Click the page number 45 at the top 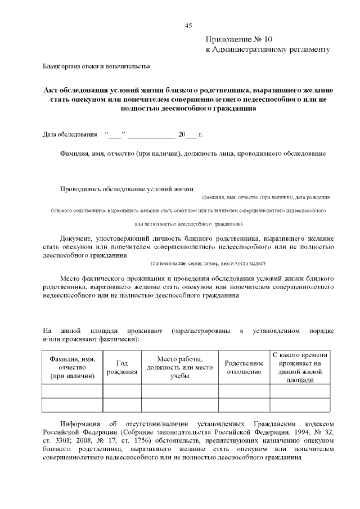pos(188,25)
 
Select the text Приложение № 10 pos(238,40)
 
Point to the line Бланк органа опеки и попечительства pos(96,67)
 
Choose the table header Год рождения pos(121,368)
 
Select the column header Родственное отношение pos(244,368)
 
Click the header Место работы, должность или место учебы pos(179,368)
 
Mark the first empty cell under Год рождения pos(121,390)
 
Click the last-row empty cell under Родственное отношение pos(244,405)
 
